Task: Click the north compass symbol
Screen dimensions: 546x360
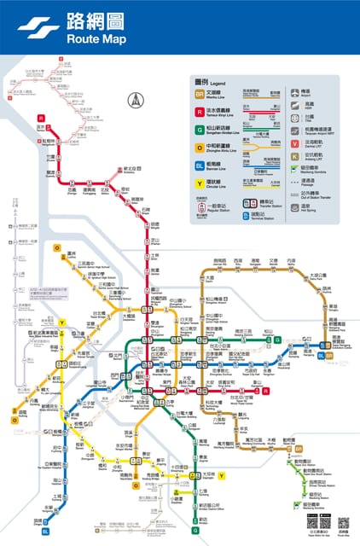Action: (134, 100)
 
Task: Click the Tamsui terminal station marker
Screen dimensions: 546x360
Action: (40, 118)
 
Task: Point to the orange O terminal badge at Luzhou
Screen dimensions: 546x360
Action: (57, 248)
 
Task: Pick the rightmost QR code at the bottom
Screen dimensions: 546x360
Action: (343, 522)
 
